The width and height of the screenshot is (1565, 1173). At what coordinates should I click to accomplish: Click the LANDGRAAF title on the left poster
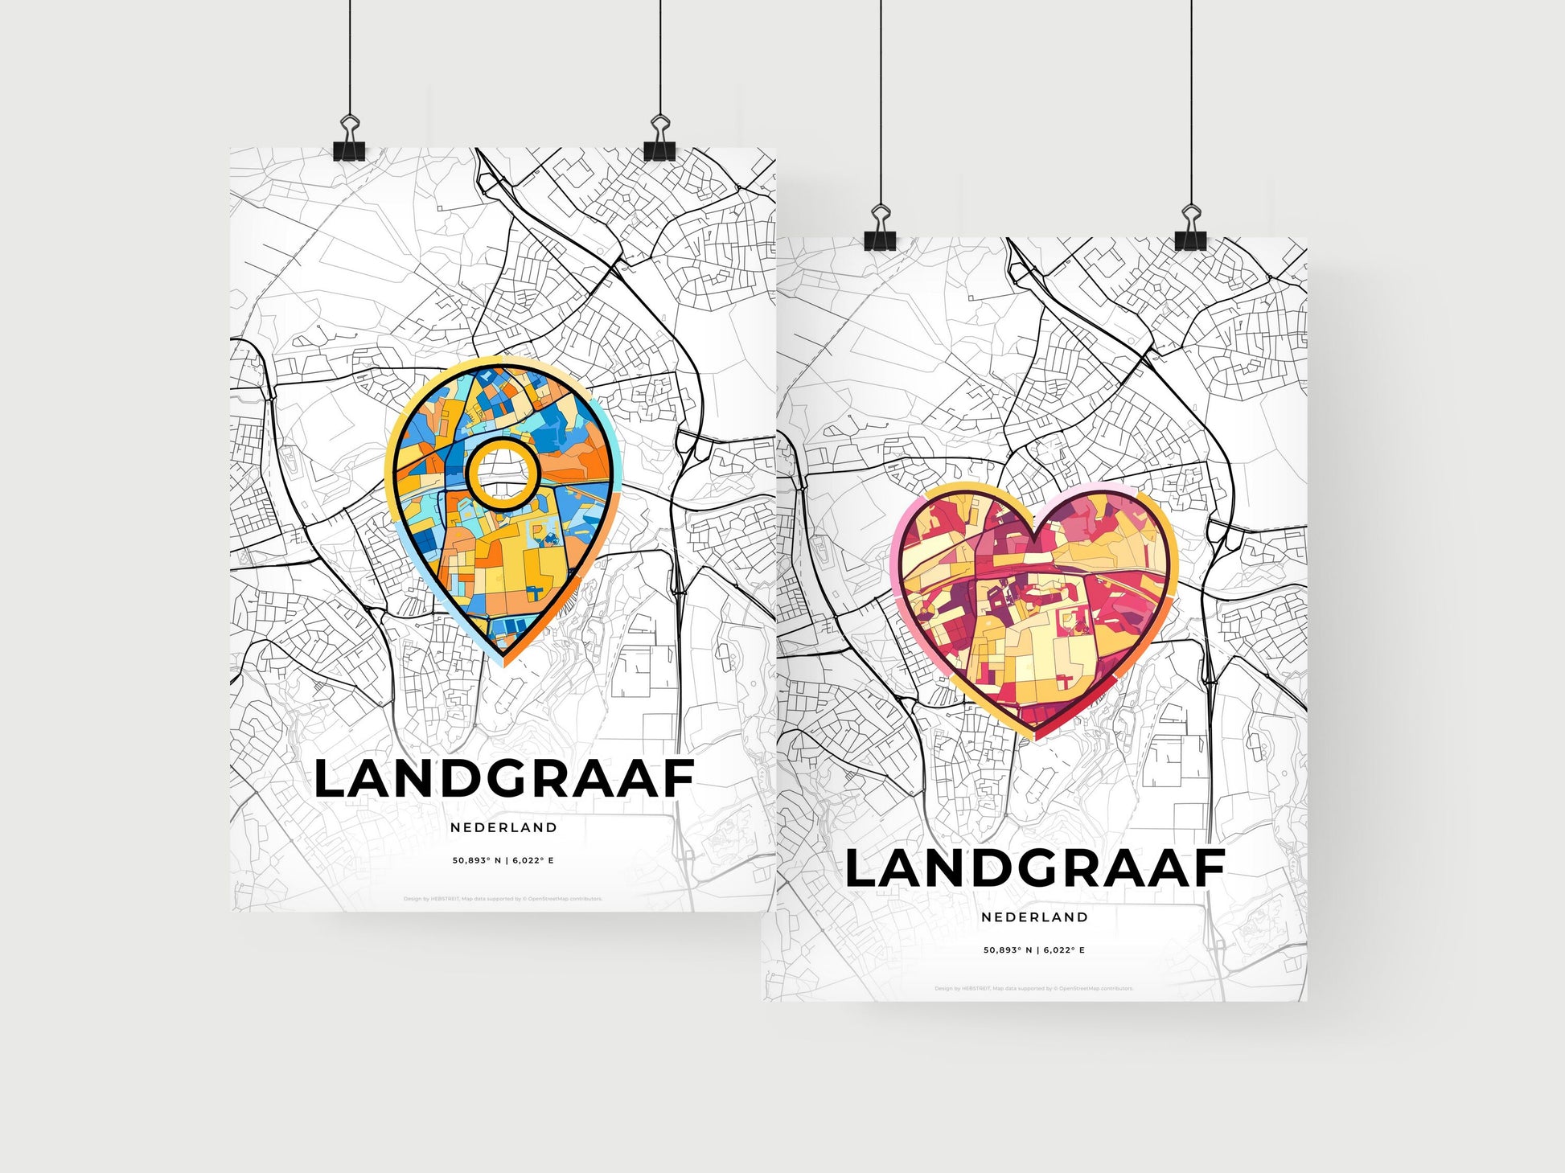pos(503,778)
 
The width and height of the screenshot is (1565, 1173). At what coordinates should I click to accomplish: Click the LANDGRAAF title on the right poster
pos(1034,868)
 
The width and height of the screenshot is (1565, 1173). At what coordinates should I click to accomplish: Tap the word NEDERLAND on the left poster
pos(503,827)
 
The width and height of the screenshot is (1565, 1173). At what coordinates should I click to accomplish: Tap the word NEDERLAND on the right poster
pos(1034,917)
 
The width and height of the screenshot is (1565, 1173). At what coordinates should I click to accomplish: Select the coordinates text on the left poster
pos(503,860)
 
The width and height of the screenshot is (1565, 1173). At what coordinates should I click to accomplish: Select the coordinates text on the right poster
pos(1034,950)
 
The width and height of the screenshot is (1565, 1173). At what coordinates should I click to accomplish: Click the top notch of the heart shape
pos(1035,527)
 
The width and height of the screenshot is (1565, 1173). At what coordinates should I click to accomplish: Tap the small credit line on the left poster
pos(503,899)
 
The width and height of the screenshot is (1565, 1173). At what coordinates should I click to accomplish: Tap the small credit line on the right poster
pos(1034,989)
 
